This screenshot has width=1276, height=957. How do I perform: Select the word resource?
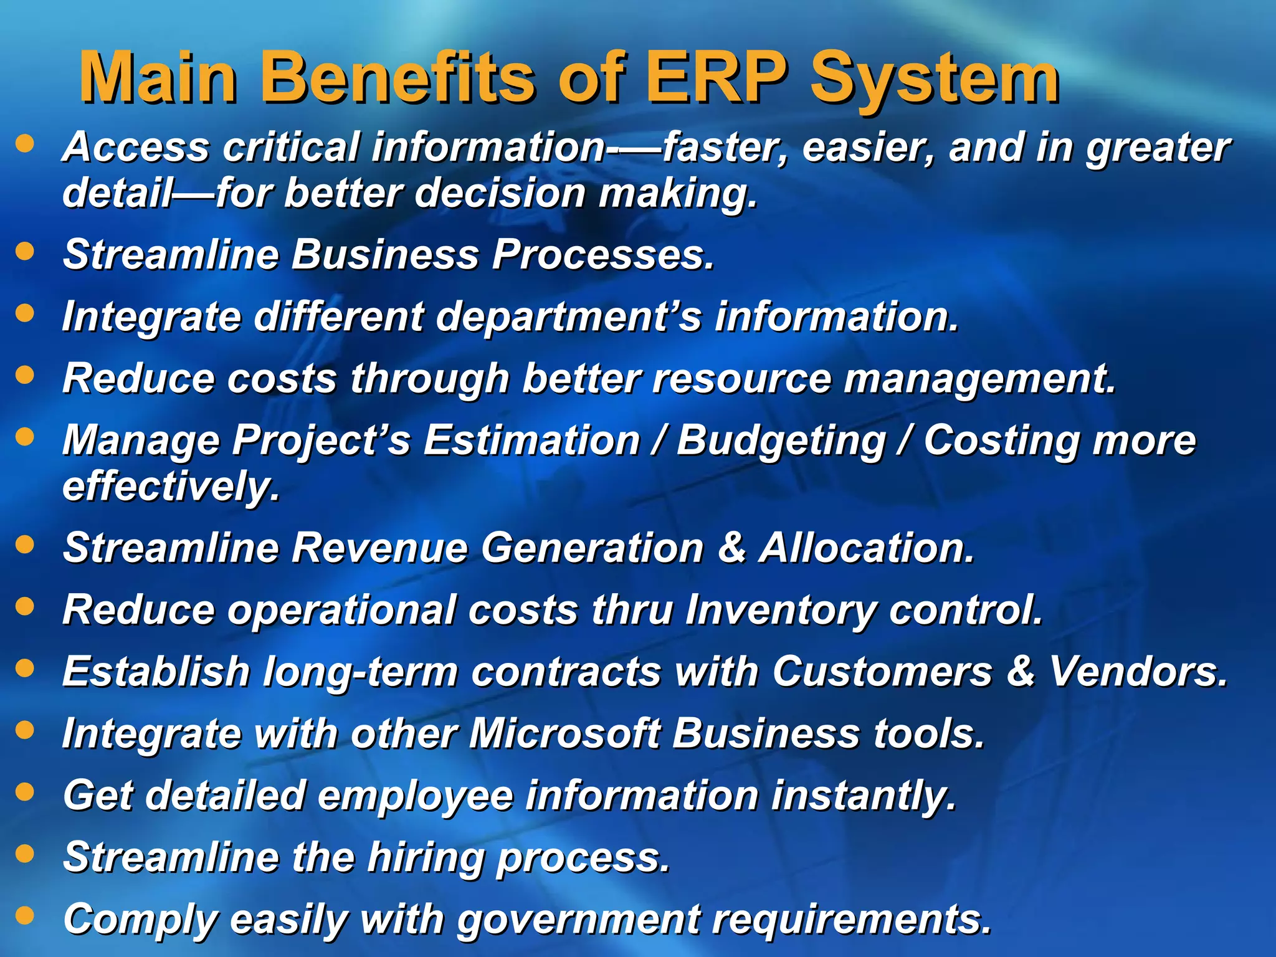741,378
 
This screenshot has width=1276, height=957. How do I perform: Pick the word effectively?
171,487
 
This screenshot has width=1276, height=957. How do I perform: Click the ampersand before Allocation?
731,548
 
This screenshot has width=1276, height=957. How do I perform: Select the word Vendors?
1138,672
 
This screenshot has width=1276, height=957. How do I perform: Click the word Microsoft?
564,733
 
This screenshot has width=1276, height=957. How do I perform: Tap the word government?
577,920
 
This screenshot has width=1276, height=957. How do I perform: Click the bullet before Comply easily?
25,915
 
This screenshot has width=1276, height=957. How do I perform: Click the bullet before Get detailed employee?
25,792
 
